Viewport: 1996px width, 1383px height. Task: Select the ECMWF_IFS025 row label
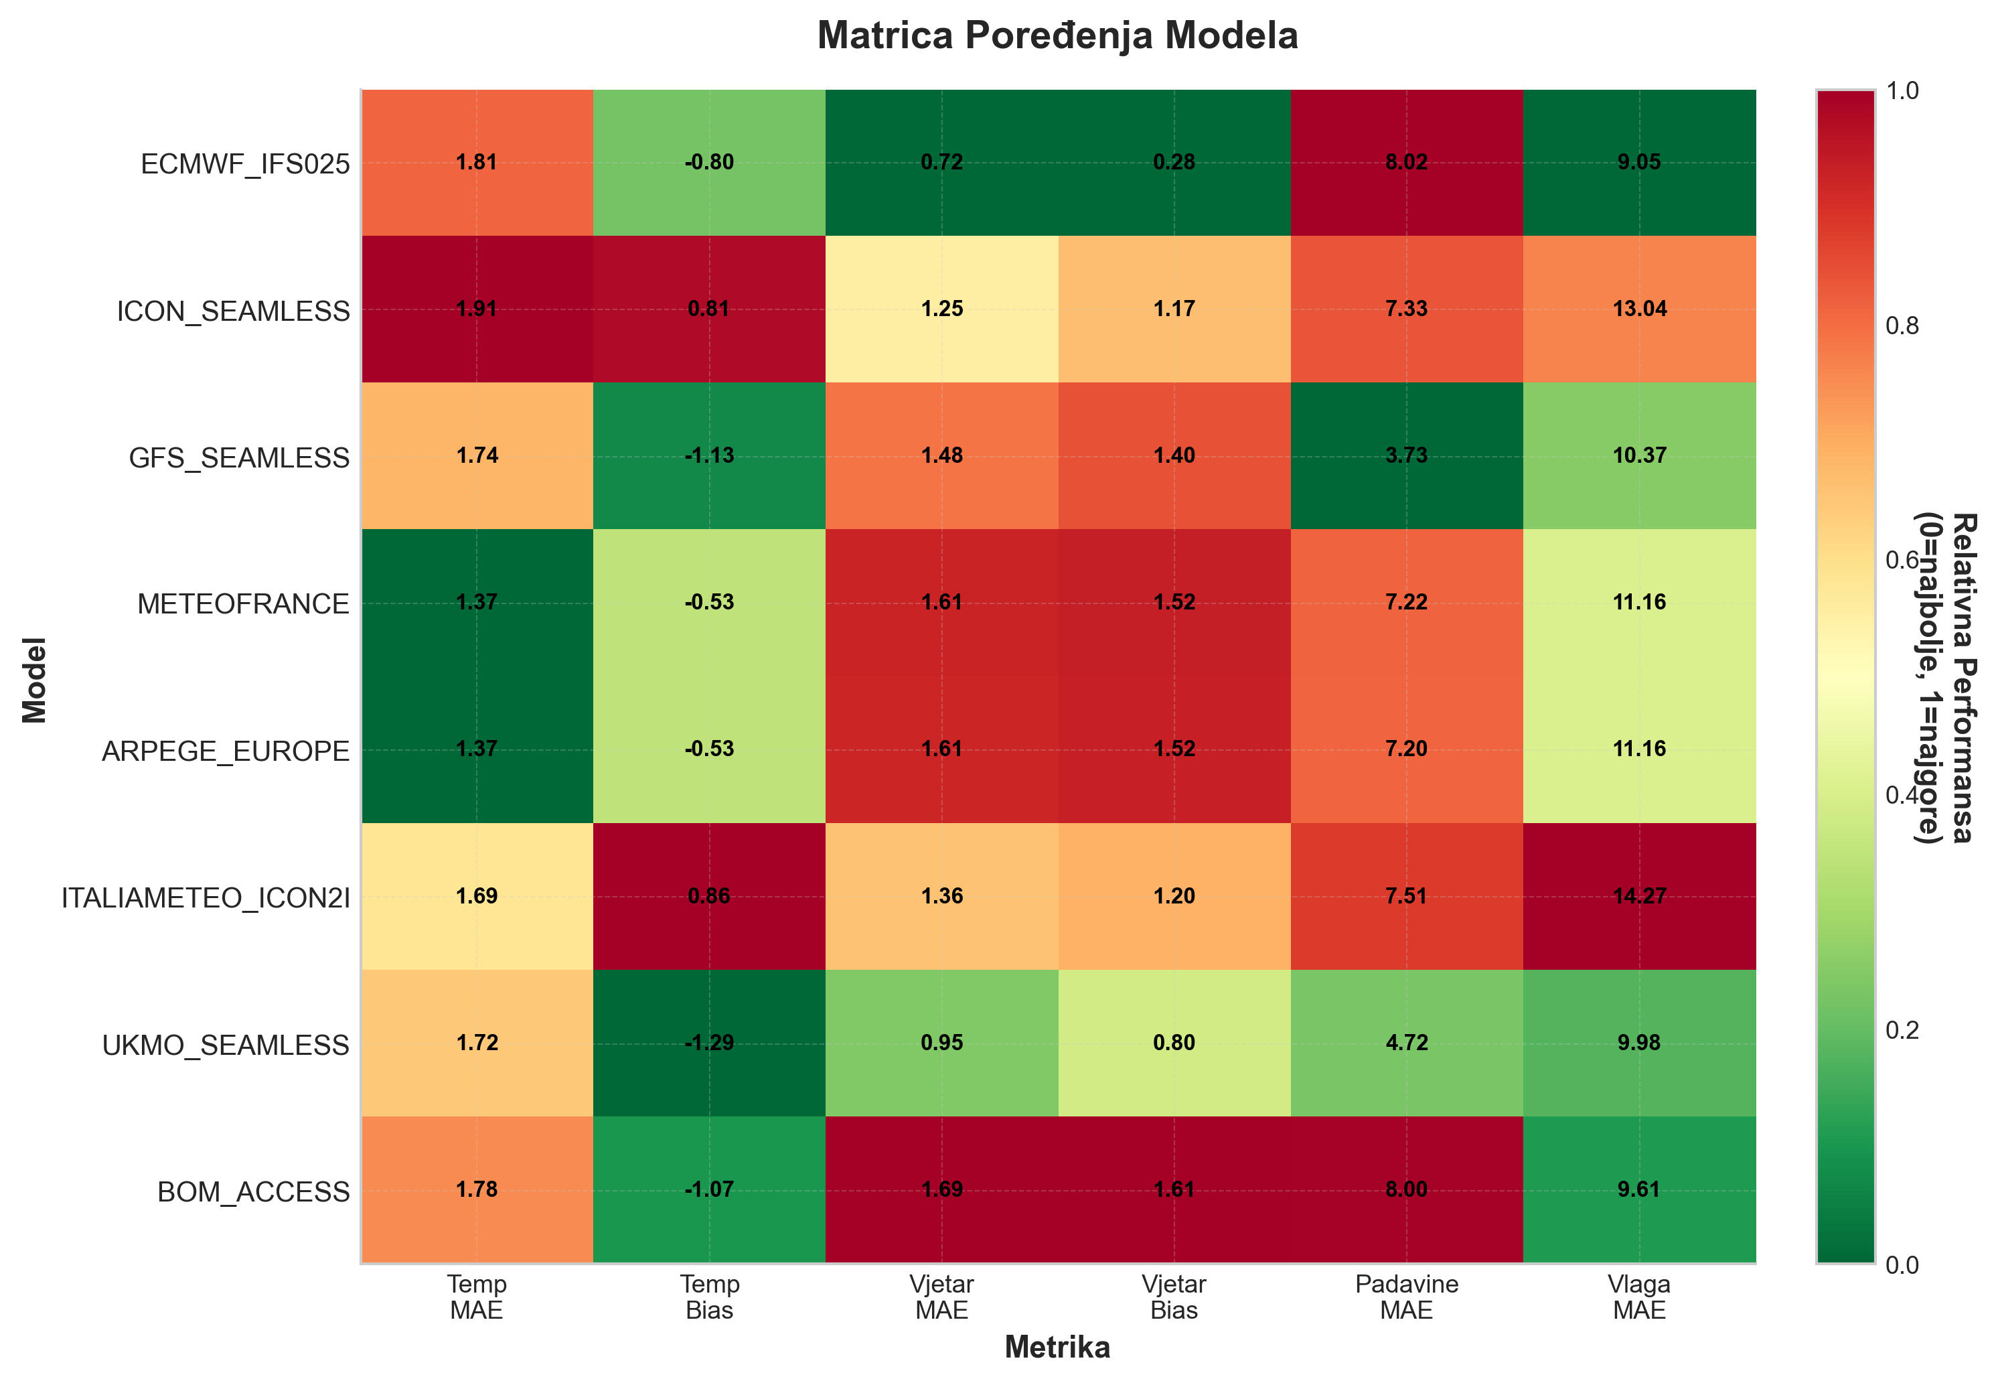245,164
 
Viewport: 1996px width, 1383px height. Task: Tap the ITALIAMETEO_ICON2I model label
206,897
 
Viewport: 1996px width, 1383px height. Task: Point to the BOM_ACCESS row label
253,1191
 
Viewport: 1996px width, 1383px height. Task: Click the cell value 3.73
1406,456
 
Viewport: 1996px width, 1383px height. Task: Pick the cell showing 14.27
1639,896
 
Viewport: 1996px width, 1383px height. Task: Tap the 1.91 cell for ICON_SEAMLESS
477,309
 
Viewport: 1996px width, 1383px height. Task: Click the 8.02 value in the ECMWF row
1406,163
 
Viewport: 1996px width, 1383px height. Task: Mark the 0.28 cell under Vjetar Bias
1174,163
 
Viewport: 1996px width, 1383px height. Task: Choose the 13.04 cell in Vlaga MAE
1639,309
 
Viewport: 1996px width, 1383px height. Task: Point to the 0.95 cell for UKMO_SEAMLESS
941,1043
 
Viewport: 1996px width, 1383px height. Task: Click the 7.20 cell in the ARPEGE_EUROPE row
1406,749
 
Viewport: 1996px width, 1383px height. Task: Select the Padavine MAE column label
1406,1297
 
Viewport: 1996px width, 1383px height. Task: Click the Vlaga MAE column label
1639,1297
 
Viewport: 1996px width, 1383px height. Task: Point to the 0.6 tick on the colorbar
1902,561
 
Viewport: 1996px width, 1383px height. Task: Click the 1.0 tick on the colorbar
1902,91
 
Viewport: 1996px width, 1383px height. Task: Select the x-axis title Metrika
1057,1348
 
